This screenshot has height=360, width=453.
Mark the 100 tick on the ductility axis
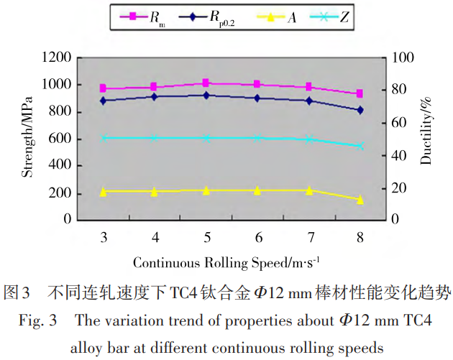(x=401, y=57)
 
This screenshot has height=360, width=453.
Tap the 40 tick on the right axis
(x=397, y=156)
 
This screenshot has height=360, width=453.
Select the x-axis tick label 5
(x=206, y=236)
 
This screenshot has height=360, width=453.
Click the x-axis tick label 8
(x=360, y=236)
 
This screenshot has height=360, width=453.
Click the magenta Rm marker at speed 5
(x=206, y=83)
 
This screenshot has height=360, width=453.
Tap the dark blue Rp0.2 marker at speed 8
(x=360, y=110)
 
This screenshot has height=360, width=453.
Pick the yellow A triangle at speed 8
(x=360, y=199)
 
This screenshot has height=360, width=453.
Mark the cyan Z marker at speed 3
(x=104, y=137)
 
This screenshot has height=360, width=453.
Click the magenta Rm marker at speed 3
(x=104, y=88)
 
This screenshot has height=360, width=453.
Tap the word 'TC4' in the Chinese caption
(x=186, y=293)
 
